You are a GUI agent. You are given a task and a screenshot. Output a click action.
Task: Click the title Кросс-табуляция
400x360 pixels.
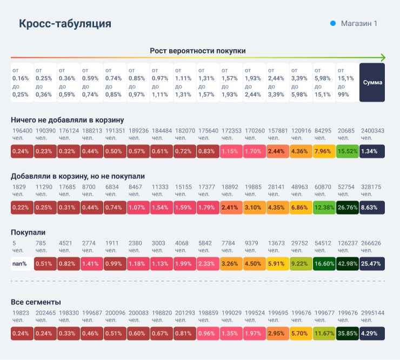coord(65,24)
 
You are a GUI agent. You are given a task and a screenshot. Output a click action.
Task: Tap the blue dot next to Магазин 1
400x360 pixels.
coord(333,24)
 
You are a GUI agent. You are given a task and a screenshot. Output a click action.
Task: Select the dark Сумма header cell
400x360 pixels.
coord(372,82)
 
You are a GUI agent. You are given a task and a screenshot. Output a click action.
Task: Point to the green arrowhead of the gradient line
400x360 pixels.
coord(382,58)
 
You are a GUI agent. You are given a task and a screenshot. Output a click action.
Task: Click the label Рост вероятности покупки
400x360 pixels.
coord(198,51)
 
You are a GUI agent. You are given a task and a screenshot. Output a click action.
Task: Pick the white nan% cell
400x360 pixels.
coord(22,264)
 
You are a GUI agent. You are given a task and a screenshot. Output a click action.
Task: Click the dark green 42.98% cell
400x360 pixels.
coord(347,264)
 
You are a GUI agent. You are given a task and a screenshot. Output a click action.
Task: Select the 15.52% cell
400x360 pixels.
coord(347,151)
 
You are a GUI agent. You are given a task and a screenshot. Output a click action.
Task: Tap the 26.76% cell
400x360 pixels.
coord(347,208)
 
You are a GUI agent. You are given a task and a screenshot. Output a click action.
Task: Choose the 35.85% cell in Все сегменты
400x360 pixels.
coord(347,334)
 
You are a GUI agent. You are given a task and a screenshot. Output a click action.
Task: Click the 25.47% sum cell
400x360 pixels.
coord(372,264)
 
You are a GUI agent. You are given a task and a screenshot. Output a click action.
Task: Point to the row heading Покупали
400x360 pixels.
coord(28,232)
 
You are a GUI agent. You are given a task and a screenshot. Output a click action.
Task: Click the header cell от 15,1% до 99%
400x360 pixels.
coord(347,82)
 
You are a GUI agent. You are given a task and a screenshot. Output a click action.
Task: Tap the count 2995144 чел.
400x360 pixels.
coord(372,316)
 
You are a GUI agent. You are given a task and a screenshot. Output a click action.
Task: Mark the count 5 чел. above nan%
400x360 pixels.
coord(17,246)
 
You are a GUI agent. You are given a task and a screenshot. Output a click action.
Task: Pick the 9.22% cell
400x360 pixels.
coord(301,264)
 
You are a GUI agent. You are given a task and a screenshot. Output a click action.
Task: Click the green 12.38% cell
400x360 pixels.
coord(324,208)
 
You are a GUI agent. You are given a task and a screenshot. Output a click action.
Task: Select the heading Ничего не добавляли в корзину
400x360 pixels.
coord(68,119)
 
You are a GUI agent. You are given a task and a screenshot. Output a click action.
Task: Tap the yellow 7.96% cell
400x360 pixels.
coord(324,151)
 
